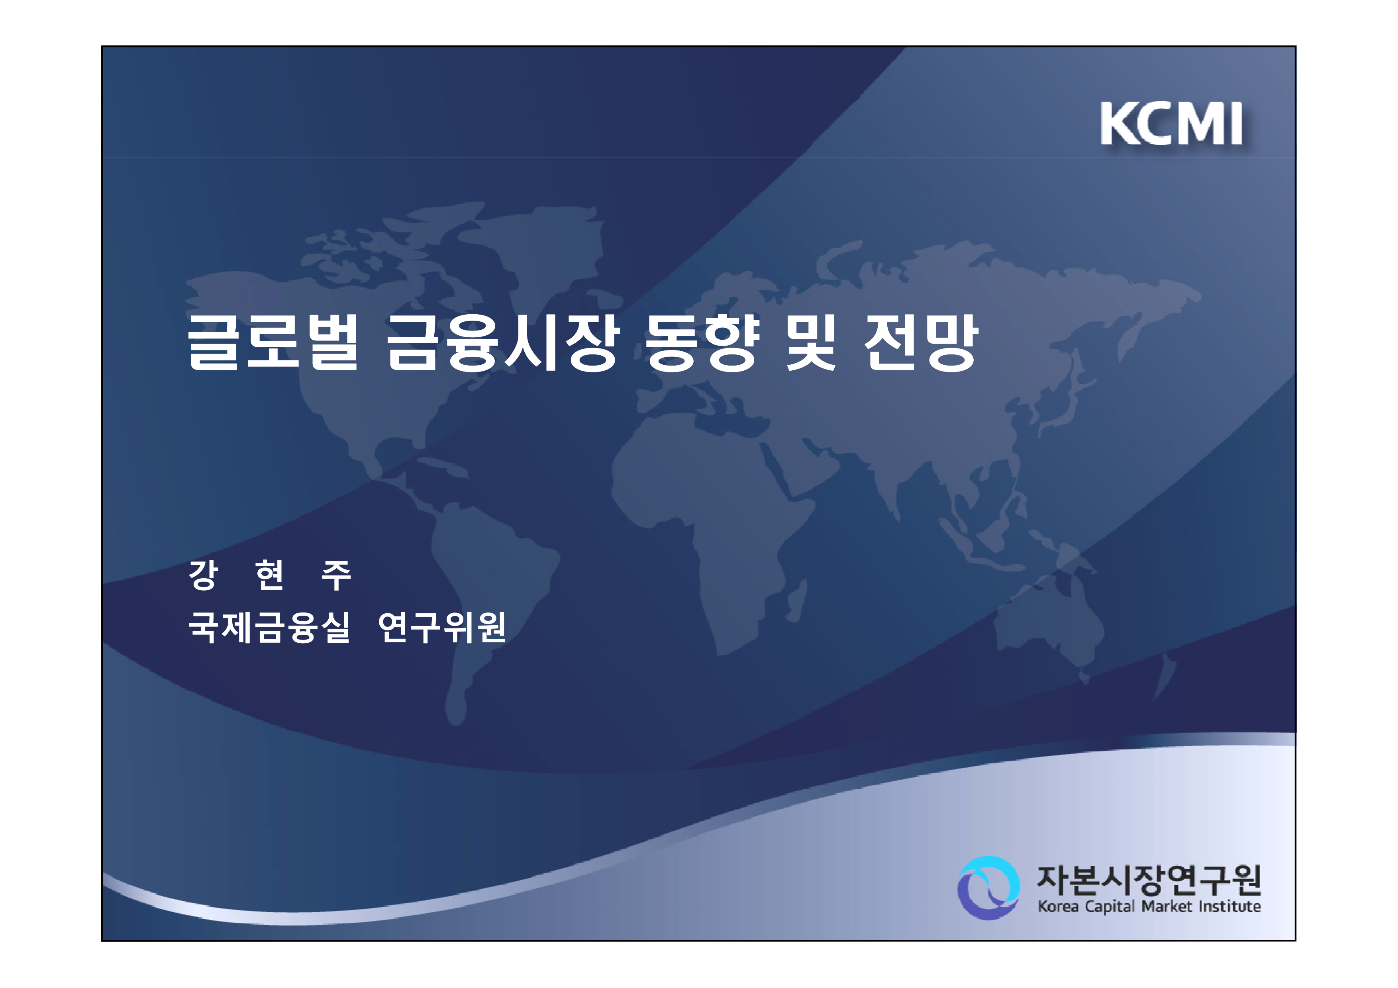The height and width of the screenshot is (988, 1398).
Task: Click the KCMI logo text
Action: click(x=1171, y=124)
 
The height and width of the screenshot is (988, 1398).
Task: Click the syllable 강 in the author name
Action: click(x=203, y=575)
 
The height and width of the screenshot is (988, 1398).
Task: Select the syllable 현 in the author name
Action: click(x=270, y=575)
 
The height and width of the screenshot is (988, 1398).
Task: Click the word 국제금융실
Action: click(x=269, y=627)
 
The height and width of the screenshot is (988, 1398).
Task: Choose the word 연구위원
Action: click(x=442, y=627)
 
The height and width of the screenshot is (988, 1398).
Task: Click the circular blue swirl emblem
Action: click(x=988, y=888)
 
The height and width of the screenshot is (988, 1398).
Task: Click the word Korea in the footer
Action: click(x=1058, y=907)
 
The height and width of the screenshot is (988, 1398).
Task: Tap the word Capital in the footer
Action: click(x=1110, y=907)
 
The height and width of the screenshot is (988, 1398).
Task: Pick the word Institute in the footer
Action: click(x=1230, y=907)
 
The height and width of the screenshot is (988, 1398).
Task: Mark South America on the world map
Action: click(x=487, y=585)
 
